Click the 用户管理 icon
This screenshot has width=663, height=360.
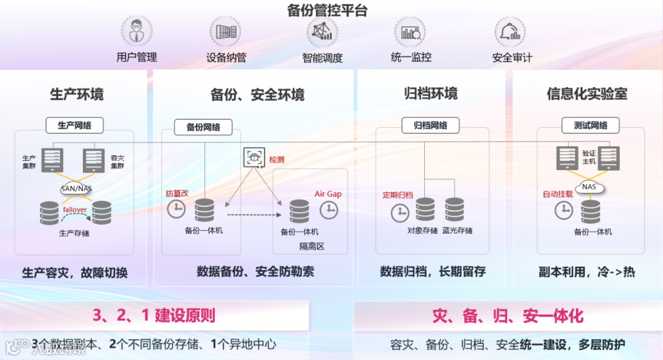pyautogui.click(x=136, y=31)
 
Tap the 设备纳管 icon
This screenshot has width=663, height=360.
pyautogui.click(x=225, y=31)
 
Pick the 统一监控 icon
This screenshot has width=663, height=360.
pyautogui.click(x=409, y=31)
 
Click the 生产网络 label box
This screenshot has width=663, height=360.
pyautogui.click(x=74, y=125)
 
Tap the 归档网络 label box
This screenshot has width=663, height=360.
pyautogui.click(x=430, y=125)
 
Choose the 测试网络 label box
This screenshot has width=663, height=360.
pyautogui.click(x=591, y=125)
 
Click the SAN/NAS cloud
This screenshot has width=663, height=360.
pyautogui.click(x=76, y=189)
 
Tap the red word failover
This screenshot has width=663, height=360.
pyautogui.click(x=75, y=209)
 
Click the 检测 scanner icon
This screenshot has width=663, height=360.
pyautogui.click(x=253, y=158)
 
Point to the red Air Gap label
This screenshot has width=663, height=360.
pyautogui.click(x=328, y=194)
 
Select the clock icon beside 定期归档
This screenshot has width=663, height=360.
pyautogui.click(x=400, y=213)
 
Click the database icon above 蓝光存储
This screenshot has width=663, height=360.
pyautogui.click(x=455, y=209)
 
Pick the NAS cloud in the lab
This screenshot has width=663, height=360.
pyautogui.click(x=589, y=186)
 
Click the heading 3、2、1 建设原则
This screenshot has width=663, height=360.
pyautogui.click(x=154, y=316)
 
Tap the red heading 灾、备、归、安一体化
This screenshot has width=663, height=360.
pyautogui.click(x=508, y=316)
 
